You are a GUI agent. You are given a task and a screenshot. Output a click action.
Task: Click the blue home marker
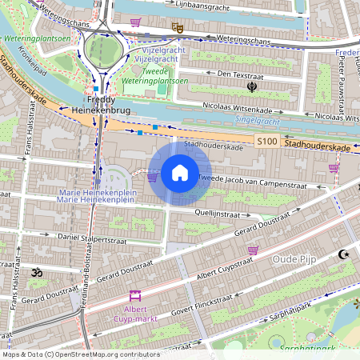(x=180, y=173)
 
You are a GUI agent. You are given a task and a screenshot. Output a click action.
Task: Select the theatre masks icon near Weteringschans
(x=178, y=28)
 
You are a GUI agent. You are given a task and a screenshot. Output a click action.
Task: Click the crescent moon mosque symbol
(x=344, y=254)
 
